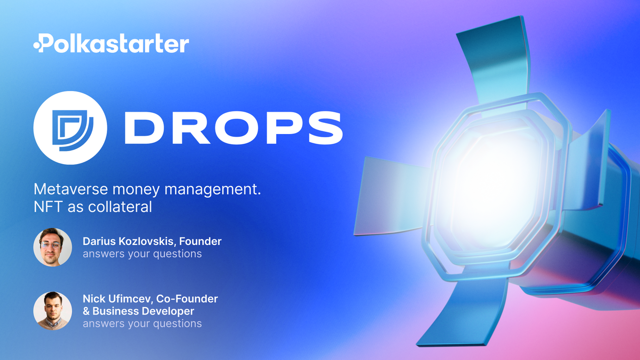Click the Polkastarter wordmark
point(111,43)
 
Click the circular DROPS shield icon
point(70,128)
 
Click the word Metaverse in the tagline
point(71,189)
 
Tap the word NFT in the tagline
point(48,207)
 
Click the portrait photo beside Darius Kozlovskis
point(53,247)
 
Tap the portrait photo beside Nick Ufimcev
point(53,311)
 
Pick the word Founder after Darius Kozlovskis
point(200,241)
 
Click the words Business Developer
point(143,311)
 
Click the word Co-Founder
point(187,299)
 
